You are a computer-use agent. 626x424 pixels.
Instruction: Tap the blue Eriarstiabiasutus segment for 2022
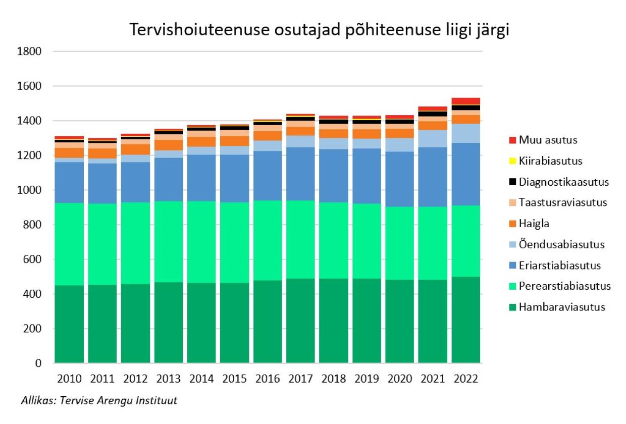(465, 174)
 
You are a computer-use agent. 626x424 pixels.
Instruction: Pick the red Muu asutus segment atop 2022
(465, 101)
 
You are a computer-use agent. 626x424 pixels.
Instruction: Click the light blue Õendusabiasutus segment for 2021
(432, 138)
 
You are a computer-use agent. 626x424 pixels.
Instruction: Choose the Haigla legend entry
(535, 224)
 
